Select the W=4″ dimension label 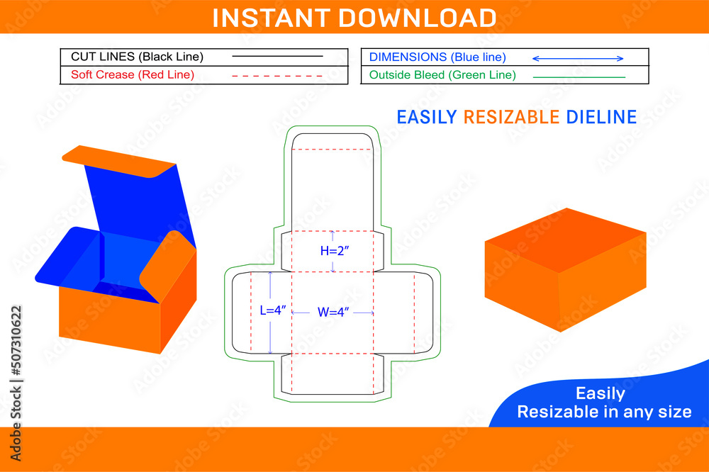[333, 312]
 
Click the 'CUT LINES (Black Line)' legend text [137, 57]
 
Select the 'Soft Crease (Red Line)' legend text [133, 74]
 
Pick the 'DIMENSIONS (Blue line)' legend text [437, 57]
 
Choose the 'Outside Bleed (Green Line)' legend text [442, 74]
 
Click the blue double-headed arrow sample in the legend [578, 58]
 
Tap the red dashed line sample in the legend [277, 75]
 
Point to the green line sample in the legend [579, 76]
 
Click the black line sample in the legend [277, 56]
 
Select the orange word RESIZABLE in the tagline [511, 117]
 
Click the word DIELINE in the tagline [601, 117]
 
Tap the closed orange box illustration [564, 269]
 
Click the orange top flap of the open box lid [117, 160]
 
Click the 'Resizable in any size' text [604, 412]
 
